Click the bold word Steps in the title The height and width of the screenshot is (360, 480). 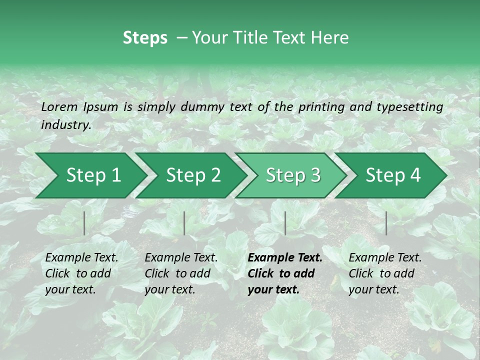coord(145,38)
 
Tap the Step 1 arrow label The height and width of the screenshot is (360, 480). coord(93,175)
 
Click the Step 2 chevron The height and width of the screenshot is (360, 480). coord(193,175)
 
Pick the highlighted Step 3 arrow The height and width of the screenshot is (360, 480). coord(293,175)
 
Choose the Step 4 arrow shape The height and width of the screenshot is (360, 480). coord(393,175)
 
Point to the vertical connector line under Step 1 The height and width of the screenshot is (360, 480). coord(84,223)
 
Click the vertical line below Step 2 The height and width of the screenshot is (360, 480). coord(184,223)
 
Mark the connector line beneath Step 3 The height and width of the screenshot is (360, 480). coord(285,223)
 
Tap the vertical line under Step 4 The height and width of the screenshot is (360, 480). coord(386,223)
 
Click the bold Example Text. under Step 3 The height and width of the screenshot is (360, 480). coord(285,258)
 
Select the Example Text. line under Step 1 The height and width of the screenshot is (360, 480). coord(81,258)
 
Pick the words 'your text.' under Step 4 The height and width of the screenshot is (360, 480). coord(373,289)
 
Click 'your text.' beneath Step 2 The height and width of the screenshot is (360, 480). coord(169,289)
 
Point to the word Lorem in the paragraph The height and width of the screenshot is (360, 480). coord(59,107)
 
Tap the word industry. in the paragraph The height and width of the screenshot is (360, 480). coord(66,125)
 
